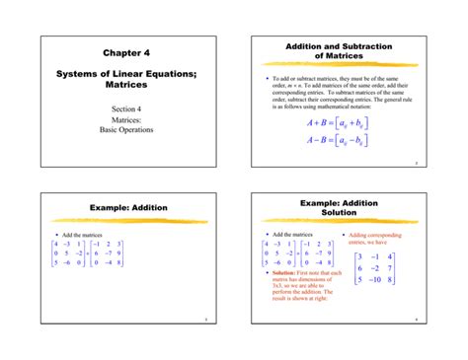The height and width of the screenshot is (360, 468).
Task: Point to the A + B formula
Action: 339,123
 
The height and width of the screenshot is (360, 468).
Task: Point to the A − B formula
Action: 339,140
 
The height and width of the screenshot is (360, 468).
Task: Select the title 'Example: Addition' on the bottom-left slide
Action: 123,208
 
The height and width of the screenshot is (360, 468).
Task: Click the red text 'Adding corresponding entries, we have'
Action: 373,239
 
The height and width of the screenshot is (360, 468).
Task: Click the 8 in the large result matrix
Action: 393,279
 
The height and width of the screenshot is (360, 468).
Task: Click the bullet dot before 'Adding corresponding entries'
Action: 343,235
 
